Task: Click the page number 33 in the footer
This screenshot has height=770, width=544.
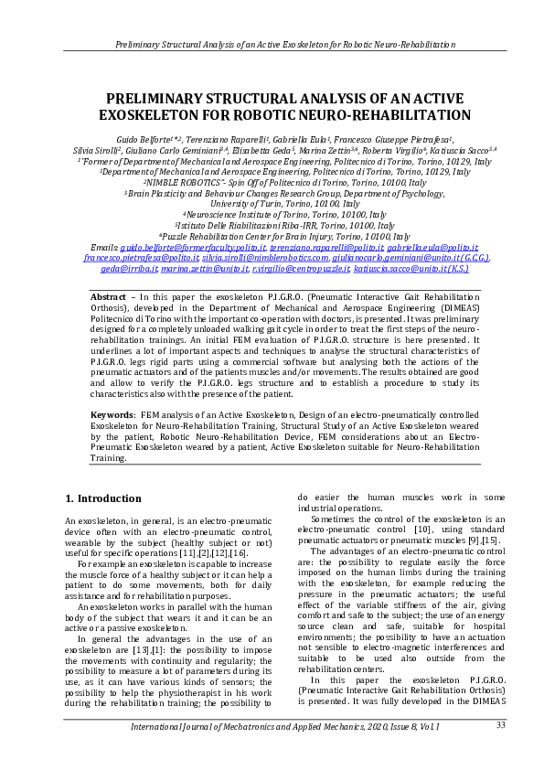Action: (x=500, y=725)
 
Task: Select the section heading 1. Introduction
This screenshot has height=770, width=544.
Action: (x=102, y=499)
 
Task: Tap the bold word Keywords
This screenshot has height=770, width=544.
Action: (x=113, y=414)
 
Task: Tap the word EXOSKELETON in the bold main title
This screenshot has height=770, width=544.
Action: (x=171, y=116)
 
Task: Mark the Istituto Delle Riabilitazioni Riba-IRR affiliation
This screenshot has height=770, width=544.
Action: (x=272, y=226)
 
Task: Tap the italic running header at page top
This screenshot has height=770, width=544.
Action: (x=272, y=44)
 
